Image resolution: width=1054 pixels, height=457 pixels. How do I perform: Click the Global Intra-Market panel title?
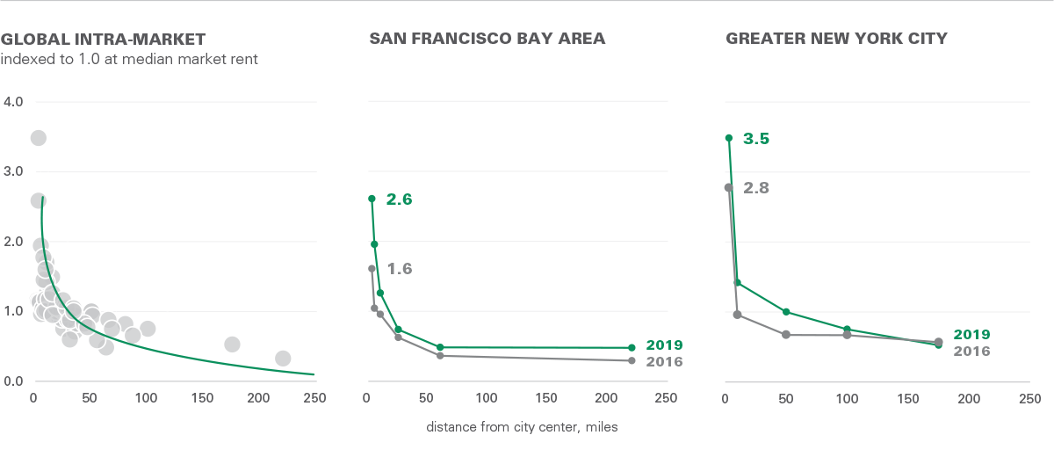pos(104,39)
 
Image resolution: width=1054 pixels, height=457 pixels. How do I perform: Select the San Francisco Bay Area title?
pos(487,39)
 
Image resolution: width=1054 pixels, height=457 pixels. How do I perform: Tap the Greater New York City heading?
pos(836,39)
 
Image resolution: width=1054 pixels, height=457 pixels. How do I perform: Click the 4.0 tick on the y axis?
pos(14,102)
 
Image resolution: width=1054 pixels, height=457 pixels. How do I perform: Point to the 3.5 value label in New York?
pos(756,139)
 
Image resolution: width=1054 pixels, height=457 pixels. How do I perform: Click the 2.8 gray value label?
pos(756,188)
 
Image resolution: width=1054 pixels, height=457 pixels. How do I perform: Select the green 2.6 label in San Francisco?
pos(399,199)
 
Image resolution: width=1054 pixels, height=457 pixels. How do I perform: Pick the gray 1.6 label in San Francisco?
pos(399,269)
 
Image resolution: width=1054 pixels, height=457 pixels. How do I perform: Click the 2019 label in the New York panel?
pos(971,335)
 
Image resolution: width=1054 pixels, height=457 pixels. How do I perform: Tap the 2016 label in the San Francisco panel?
pos(664,361)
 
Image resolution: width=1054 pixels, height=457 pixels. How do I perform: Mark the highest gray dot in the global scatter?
pos(38,138)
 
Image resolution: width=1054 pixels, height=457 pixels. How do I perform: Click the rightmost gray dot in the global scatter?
pos(283,358)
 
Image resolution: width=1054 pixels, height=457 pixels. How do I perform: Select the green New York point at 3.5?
pos(729,138)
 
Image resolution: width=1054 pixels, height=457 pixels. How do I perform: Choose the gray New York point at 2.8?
pos(728,187)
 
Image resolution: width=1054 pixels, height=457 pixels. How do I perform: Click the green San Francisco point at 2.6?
pos(372,199)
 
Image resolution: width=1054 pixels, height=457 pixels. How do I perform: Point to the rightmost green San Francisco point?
pos(632,347)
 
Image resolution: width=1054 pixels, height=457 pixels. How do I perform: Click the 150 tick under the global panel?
pos(202,398)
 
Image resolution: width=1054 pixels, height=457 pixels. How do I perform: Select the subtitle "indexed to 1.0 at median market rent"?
pos(129,60)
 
